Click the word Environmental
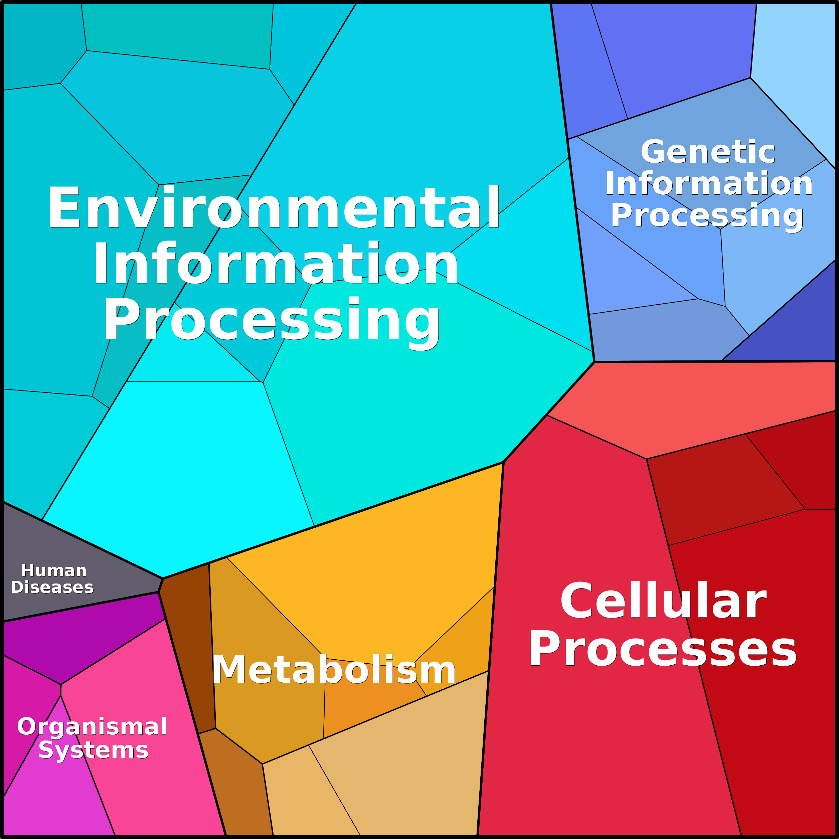274,207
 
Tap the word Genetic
707,152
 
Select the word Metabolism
334,670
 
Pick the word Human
54,570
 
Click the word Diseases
52,587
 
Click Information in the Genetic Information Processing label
709,183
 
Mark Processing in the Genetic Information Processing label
707,216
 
